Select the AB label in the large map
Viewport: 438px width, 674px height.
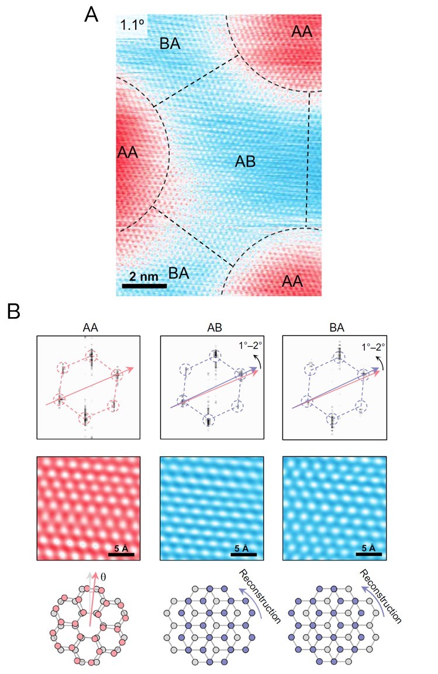tap(245, 161)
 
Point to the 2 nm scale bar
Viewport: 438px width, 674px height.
tap(144, 286)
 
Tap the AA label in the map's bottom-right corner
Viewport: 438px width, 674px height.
tap(292, 281)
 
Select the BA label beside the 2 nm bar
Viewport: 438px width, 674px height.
tap(182, 272)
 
